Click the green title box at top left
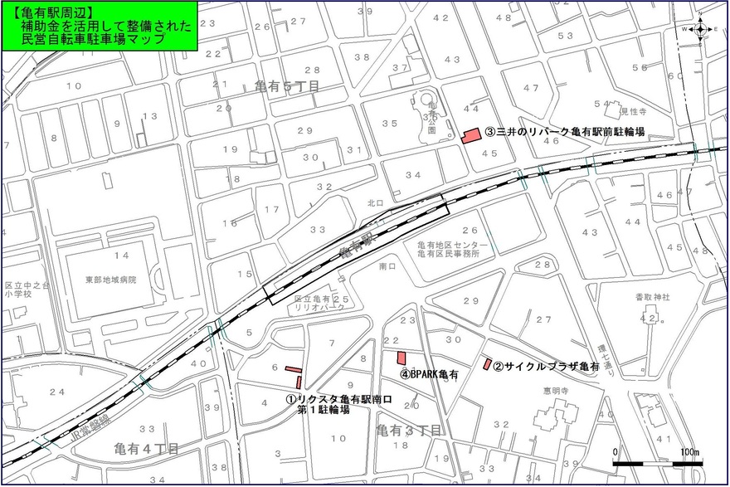pyautogui.click(x=99, y=27)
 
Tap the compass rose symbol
pyautogui.click(x=699, y=29)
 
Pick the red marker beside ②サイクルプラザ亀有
pyautogui.click(x=488, y=364)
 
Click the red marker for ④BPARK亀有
pyautogui.click(x=401, y=358)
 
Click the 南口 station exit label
pyautogui.click(x=387, y=267)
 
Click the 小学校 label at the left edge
pyautogui.click(x=17, y=294)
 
